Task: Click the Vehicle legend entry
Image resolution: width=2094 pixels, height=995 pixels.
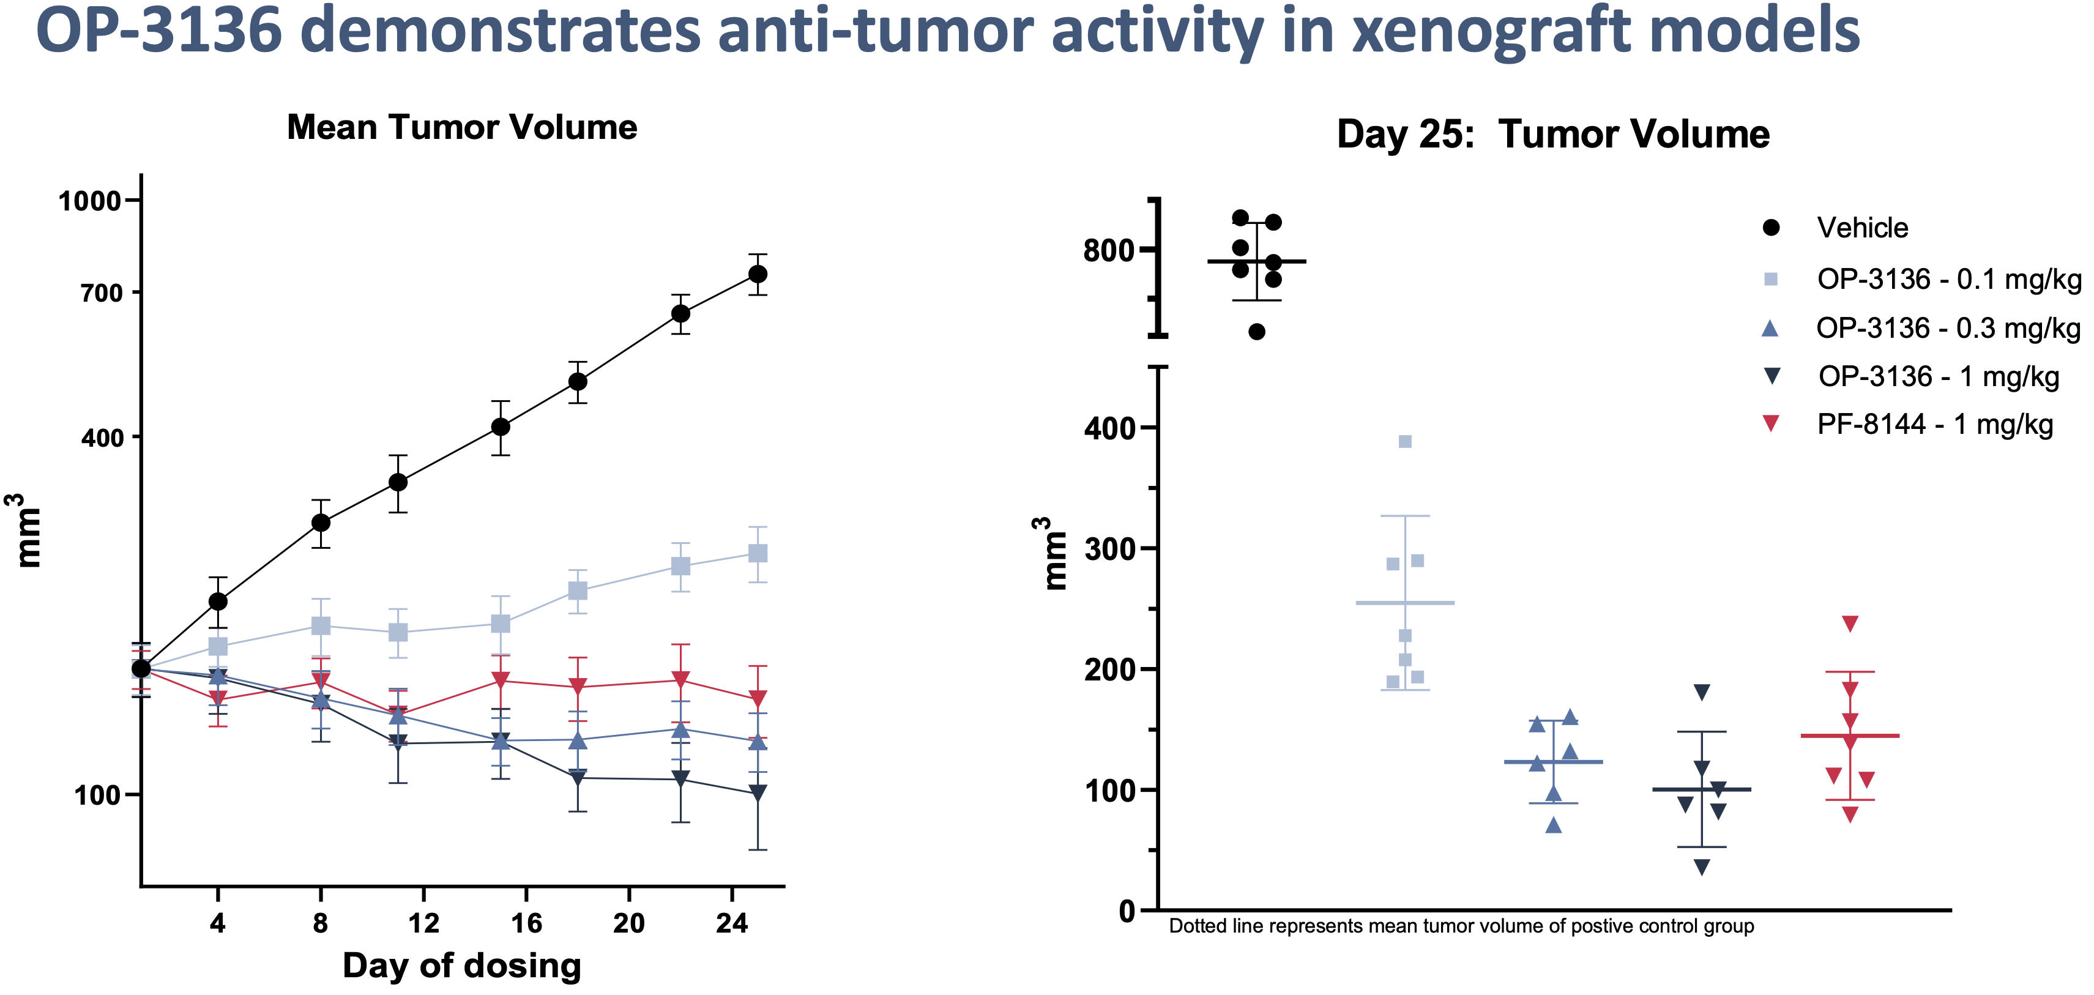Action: click(1861, 228)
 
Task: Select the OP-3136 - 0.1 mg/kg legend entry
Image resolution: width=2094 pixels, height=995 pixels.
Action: click(1948, 279)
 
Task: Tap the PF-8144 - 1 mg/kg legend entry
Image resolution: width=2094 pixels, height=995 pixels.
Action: click(1935, 424)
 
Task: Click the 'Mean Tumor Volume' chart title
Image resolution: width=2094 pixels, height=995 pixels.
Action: click(462, 128)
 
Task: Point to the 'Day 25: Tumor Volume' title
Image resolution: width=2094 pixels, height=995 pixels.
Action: click(1552, 134)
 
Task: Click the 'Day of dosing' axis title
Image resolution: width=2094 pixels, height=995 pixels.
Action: click(462, 965)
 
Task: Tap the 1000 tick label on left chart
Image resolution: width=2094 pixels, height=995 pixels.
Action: click(89, 201)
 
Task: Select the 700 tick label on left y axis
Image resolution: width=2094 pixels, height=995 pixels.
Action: click(102, 293)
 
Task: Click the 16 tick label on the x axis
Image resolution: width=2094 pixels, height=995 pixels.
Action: click(526, 923)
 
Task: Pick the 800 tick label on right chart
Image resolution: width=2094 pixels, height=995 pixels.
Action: click(1109, 250)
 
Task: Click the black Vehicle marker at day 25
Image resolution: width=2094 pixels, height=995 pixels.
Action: click(758, 274)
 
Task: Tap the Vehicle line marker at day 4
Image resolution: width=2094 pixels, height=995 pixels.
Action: click(218, 602)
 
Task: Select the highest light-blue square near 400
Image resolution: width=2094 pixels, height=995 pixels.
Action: click(1405, 441)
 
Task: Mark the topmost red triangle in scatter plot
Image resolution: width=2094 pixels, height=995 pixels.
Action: click(1850, 624)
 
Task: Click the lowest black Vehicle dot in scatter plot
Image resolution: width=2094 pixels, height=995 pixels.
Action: click(1257, 331)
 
